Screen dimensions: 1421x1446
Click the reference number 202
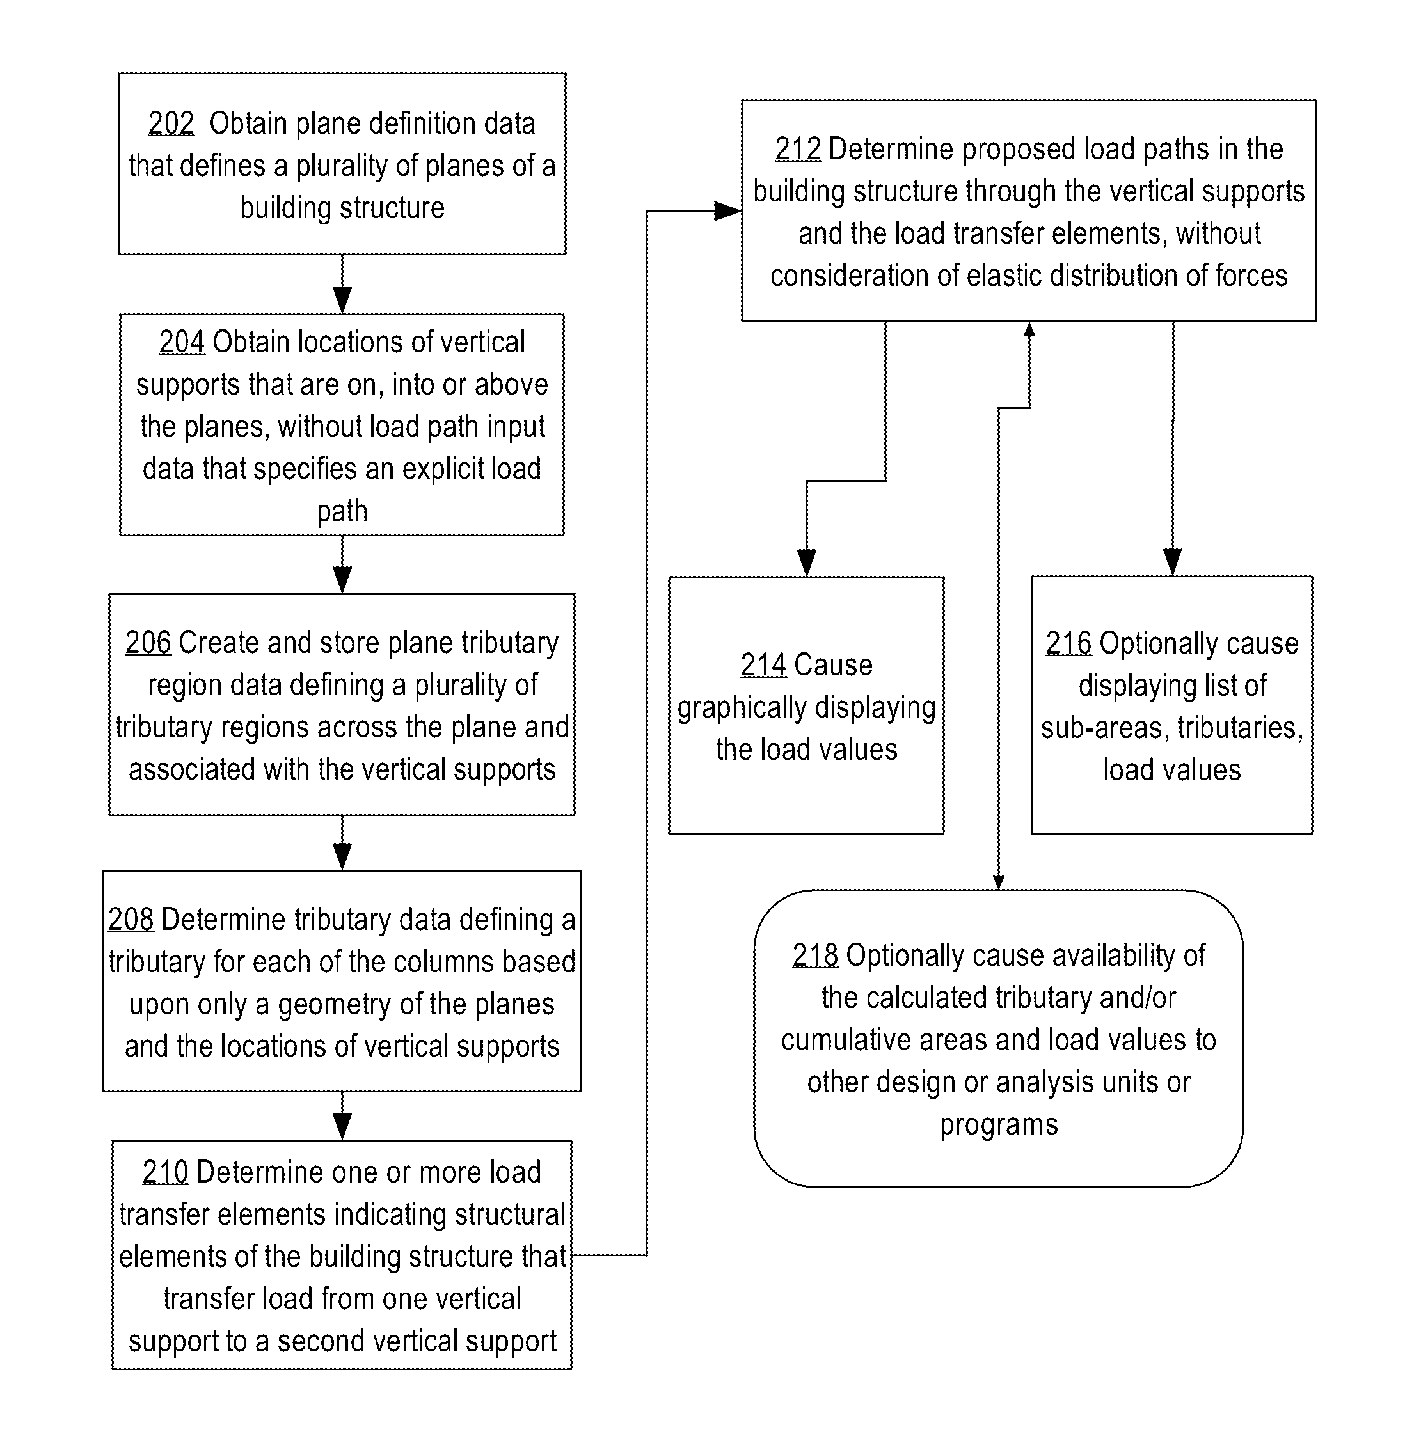[171, 123]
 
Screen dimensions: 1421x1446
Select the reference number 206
[148, 642]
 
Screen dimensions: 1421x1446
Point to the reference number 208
[131, 919]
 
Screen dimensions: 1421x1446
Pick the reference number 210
[165, 1172]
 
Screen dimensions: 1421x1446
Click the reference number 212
[798, 149]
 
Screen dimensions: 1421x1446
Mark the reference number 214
[763, 665]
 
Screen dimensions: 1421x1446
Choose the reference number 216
[1068, 643]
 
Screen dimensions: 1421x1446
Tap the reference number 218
[815, 955]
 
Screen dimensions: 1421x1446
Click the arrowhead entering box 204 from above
[342, 300]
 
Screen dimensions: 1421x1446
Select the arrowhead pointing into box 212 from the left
[727, 211]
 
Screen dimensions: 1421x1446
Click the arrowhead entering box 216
[1173, 562]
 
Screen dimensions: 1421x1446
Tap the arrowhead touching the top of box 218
[999, 883]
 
